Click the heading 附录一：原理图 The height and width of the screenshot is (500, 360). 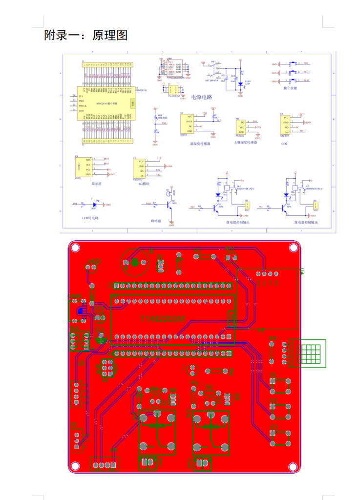tap(86, 35)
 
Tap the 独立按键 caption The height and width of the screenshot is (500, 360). tap(290, 88)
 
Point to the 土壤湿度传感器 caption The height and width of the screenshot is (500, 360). tap(245, 142)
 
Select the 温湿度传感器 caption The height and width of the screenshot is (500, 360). tap(200, 144)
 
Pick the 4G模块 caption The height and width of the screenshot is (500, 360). tap(144, 184)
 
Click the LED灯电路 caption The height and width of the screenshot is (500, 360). tap(90, 218)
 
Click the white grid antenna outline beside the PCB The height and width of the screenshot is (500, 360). tap(311, 354)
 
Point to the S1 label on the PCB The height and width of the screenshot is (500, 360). tap(273, 375)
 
